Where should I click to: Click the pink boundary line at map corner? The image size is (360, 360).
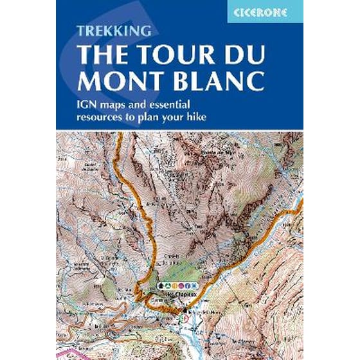64,352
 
